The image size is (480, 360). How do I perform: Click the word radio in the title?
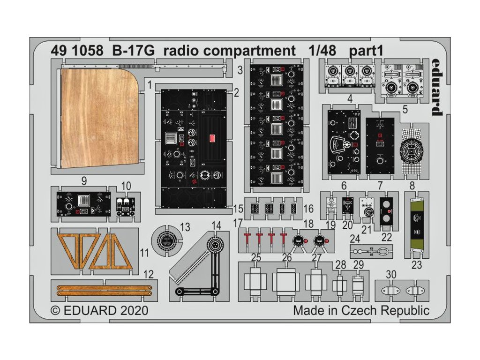point(180,51)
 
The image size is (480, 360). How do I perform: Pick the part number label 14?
point(216,225)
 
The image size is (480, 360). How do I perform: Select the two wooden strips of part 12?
point(104,290)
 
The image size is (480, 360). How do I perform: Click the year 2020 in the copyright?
point(134,310)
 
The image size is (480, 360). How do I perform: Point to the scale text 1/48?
point(322,51)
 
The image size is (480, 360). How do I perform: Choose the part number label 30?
point(391,275)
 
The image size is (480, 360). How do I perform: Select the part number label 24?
point(355,239)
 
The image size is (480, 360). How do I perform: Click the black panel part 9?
point(83,204)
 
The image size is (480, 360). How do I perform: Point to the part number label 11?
point(144,253)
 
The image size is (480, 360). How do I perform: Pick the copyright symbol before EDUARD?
point(55,311)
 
